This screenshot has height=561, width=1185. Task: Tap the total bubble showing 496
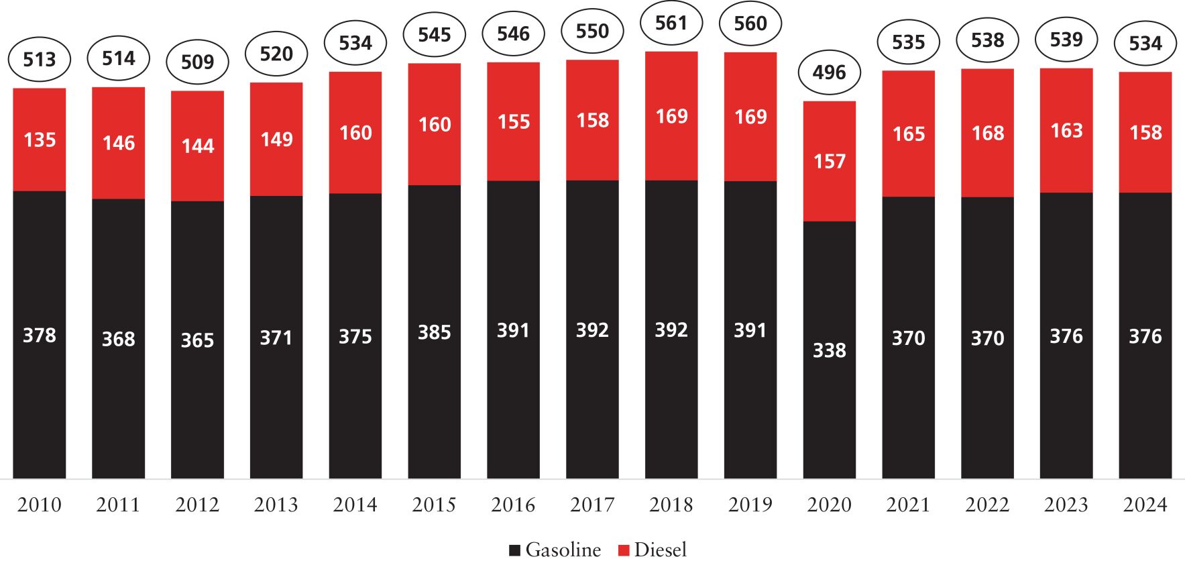coord(829,72)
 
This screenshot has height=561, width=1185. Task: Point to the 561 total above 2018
coord(671,23)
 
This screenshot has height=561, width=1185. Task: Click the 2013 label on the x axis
coord(276,505)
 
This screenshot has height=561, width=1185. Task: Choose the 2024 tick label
coord(1145,505)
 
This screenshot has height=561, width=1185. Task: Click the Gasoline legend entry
coord(555,550)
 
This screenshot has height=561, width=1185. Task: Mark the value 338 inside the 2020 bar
coord(829,350)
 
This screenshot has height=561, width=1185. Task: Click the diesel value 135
coord(40,140)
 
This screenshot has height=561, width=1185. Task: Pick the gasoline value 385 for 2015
coord(435,332)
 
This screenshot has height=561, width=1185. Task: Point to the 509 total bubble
coord(197,62)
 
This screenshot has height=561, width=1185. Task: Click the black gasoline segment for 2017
coord(592,403)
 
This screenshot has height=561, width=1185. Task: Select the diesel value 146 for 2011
coord(119,143)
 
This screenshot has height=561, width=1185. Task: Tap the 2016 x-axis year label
coord(513,505)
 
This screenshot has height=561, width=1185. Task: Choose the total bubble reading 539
coord(1066,40)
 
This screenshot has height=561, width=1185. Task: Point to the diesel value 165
coord(909,134)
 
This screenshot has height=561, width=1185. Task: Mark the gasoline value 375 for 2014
coord(355,336)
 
